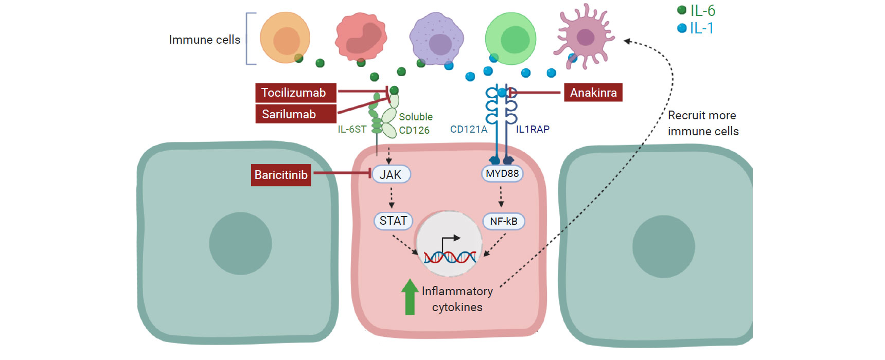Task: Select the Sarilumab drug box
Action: (x=296, y=114)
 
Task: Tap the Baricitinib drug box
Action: (x=281, y=175)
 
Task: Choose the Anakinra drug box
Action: (x=593, y=93)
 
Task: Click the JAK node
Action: (x=391, y=175)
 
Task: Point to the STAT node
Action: (x=393, y=221)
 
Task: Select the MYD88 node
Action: (x=502, y=174)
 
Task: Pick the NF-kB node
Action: (x=503, y=221)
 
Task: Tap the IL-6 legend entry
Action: (x=697, y=10)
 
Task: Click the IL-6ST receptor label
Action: (x=352, y=130)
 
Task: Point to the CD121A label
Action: (x=468, y=130)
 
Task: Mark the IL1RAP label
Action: (x=533, y=130)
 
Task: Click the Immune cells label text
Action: (x=204, y=40)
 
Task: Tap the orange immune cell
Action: (x=285, y=38)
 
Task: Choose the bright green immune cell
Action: (x=511, y=39)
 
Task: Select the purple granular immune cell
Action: (x=437, y=39)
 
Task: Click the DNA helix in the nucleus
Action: (x=450, y=256)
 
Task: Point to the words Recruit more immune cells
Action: (x=703, y=123)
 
